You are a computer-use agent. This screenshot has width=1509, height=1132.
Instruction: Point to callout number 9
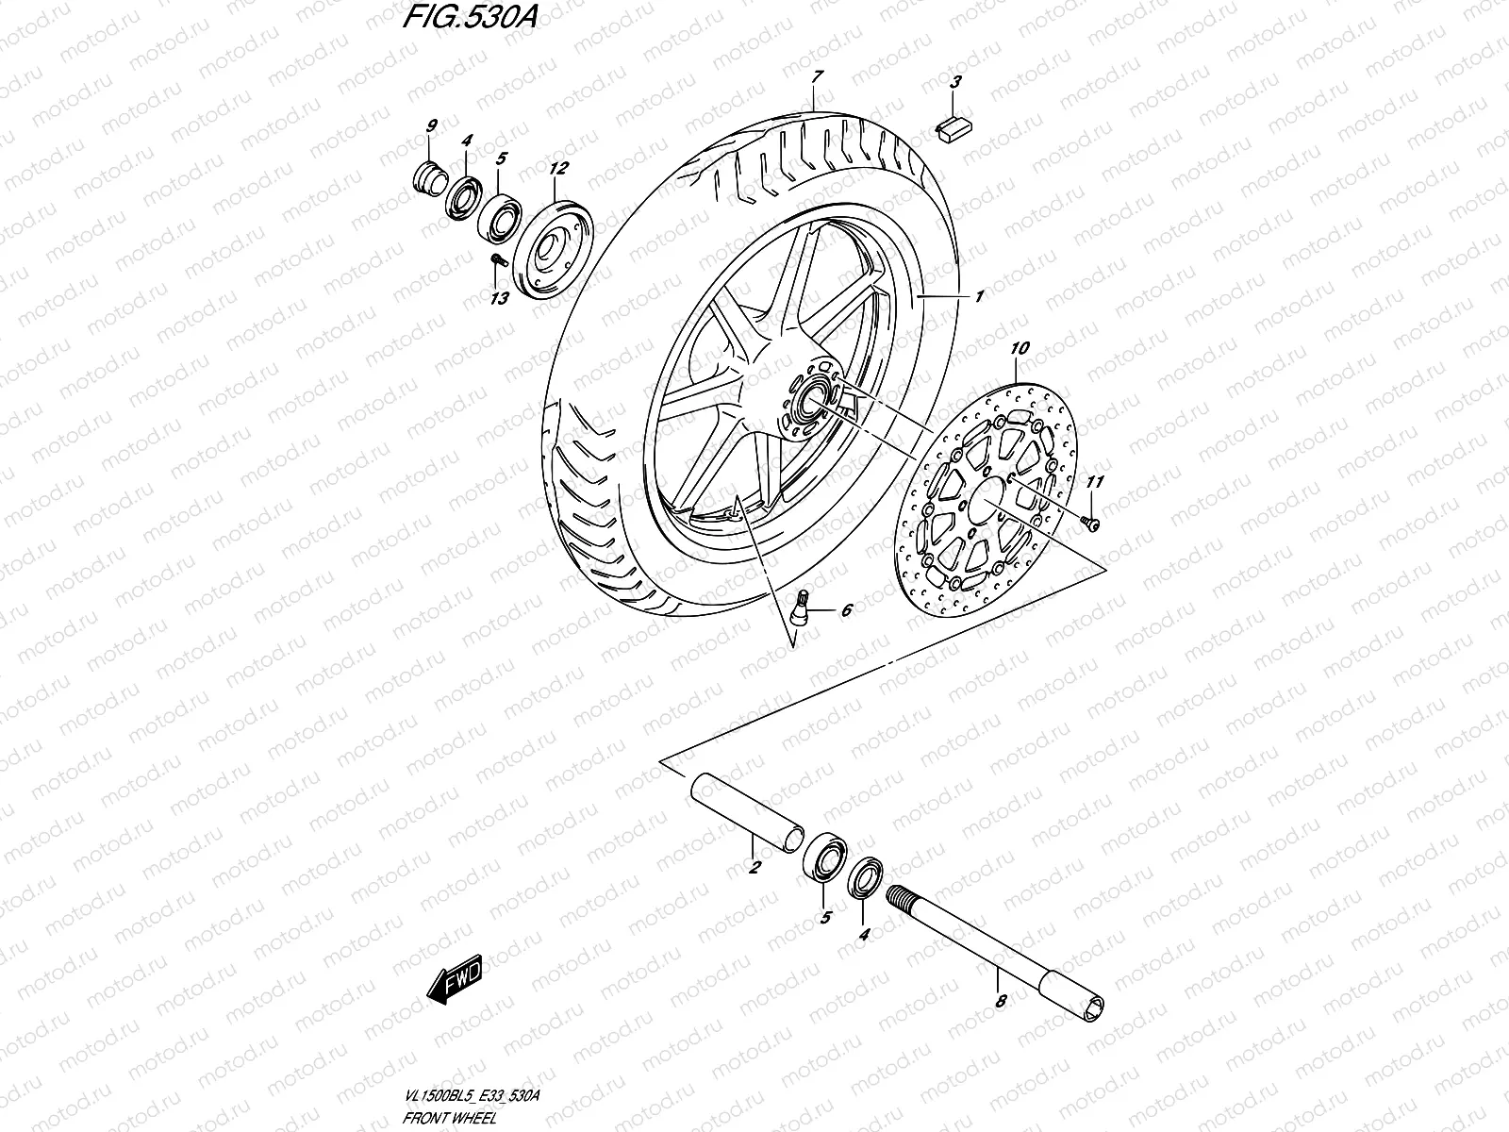[431, 125]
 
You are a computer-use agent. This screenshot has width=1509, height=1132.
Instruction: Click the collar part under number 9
[432, 177]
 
